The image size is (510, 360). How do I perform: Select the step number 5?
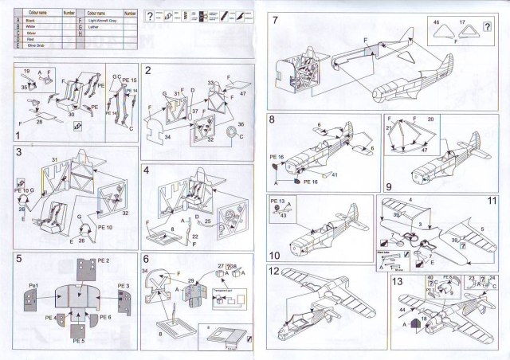pos(19,260)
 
